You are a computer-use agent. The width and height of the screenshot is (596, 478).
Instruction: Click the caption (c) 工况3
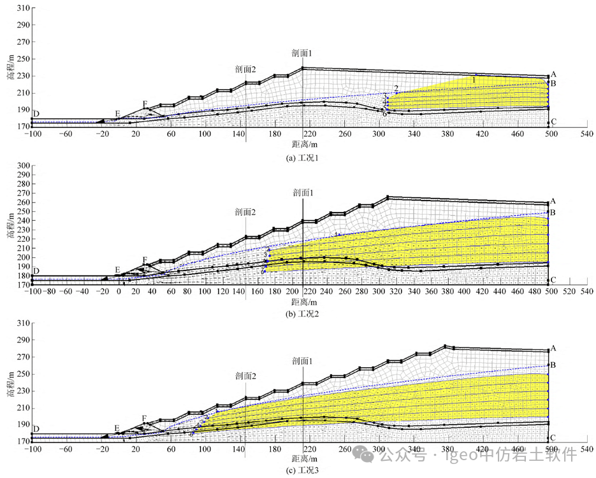(x=302, y=470)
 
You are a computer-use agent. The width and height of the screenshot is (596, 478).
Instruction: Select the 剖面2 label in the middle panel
(x=245, y=212)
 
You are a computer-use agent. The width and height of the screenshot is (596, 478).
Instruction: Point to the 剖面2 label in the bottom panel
(x=245, y=376)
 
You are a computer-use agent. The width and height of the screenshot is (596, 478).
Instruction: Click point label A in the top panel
(x=554, y=74)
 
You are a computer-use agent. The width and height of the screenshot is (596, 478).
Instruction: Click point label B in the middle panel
(x=554, y=212)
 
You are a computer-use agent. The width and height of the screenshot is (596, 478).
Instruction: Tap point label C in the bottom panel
(x=554, y=438)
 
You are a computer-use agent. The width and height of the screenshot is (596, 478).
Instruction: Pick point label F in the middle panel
(x=145, y=260)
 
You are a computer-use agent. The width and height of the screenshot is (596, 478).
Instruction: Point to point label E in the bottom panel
(x=117, y=428)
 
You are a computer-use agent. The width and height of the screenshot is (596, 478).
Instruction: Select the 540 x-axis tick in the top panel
(x=586, y=135)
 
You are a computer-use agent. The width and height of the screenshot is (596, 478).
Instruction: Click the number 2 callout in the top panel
(x=396, y=88)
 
